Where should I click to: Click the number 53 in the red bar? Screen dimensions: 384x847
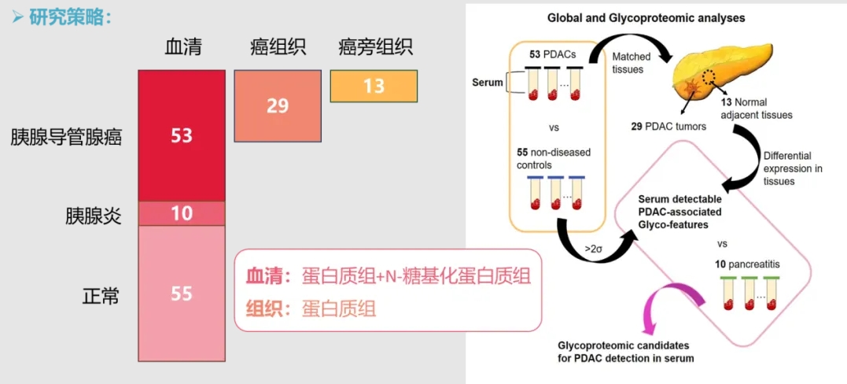click(182, 135)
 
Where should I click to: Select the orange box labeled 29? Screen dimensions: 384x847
click(277, 105)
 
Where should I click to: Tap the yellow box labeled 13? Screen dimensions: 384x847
click(374, 86)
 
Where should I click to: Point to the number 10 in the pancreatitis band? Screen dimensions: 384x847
click(182, 213)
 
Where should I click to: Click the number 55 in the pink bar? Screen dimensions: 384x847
click(182, 294)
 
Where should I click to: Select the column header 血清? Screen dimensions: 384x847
click(182, 47)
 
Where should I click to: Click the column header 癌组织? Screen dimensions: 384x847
click(277, 47)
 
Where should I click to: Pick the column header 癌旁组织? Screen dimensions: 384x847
click(375, 47)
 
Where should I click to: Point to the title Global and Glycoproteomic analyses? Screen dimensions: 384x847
click(646, 17)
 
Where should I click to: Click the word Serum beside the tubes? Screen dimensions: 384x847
click(488, 82)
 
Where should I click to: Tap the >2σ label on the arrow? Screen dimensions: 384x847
click(595, 249)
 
